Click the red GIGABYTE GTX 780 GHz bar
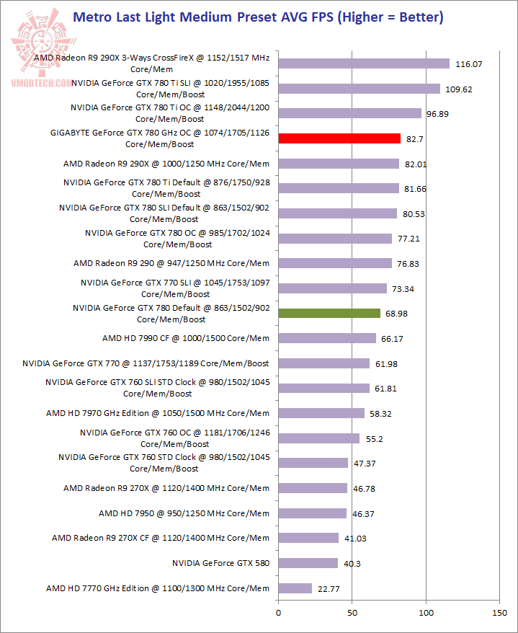339,138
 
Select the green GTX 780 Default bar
329,313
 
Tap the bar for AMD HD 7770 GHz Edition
295,588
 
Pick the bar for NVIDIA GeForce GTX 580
308,563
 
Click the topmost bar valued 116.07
363,63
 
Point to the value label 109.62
459,89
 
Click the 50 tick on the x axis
352,614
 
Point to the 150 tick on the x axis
499,614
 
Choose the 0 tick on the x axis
278,614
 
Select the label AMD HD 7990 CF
186,338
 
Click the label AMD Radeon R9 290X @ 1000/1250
166,164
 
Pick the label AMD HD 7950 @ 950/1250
184,513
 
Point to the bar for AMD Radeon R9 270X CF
308,538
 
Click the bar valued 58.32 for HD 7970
321,413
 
